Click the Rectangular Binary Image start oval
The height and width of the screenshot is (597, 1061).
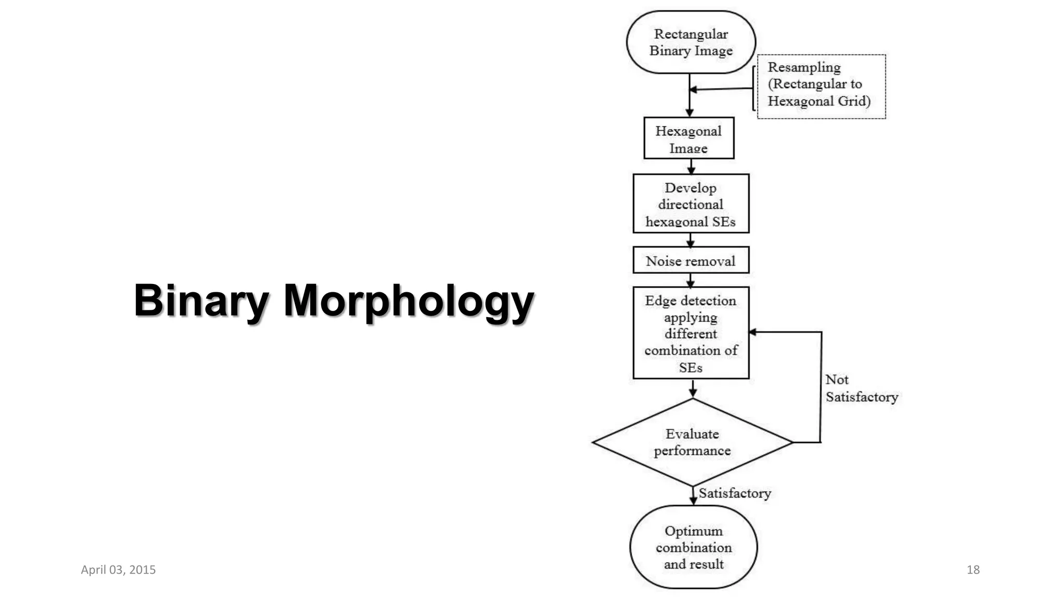pyautogui.click(x=691, y=42)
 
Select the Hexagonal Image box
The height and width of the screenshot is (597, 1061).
pyautogui.click(x=689, y=138)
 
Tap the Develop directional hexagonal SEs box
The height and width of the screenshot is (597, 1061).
pyautogui.click(x=691, y=204)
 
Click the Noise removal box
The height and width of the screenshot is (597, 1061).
pyautogui.click(x=691, y=260)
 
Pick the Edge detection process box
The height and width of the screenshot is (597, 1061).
pyautogui.click(x=691, y=333)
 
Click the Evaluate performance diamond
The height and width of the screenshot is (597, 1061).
pyautogui.click(x=692, y=442)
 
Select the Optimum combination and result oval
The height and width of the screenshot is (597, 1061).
pyautogui.click(x=693, y=547)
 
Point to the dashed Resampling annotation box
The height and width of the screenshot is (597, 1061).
pyautogui.click(x=821, y=87)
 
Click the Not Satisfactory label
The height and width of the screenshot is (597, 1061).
pyautogui.click(x=861, y=388)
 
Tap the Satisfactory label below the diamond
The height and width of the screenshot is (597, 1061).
pyautogui.click(x=735, y=493)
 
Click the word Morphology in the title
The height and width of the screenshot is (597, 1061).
pyautogui.click(x=408, y=301)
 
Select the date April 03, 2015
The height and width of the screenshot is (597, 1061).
pyautogui.click(x=118, y=570)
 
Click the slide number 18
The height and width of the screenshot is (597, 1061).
pyautogui.click(x=973, y=570)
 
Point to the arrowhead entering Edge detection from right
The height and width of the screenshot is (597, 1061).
pyautogui.click(x=753, y=332)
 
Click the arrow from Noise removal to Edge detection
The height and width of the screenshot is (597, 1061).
pyautogui.click(x=691, y=280)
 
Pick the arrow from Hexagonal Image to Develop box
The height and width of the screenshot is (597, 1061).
pyautogui.click(x=691, y=166)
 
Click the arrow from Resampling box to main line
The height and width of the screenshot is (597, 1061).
pyautogui.click(x=721, y=89)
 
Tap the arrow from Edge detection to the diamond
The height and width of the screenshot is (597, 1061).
pyautogui.click(x=693, y=389)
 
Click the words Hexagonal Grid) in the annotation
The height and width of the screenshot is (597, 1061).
pyautogui.click(x=819, y=101)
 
